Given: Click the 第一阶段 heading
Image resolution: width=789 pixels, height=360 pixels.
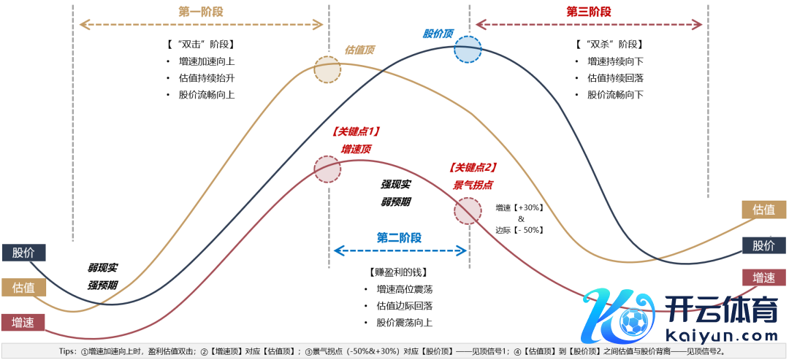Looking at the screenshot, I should coord(201,12).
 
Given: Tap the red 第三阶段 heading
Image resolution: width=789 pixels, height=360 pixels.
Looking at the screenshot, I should coord(589,12).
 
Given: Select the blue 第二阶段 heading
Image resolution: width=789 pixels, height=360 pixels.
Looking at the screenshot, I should coord(399,238).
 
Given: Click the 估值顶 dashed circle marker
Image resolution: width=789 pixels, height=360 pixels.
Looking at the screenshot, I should coord(328,69).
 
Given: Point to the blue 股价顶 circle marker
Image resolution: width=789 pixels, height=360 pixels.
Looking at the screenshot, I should coord(468,50).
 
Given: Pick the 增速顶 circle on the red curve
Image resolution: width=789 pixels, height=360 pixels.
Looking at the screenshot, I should coord(327,169).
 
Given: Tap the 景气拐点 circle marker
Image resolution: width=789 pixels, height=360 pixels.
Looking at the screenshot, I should coord(468,212).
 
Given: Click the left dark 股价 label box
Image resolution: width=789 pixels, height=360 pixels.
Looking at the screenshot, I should coord(23,253).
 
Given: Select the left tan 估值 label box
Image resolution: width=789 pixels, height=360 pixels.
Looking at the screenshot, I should coord(23,288).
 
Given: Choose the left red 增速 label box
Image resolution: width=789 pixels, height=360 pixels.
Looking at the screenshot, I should coord(23,321).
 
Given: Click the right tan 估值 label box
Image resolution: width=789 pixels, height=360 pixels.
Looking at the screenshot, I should coord(763,210).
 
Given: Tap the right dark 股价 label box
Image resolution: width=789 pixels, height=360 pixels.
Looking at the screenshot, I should coord(763,245).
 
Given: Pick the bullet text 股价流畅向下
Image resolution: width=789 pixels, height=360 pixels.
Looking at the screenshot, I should coord(615,95).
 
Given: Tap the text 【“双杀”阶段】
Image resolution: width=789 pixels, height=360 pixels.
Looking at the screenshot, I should coord(609,45).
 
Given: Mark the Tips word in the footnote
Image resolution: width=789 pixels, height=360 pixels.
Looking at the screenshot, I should coord(67,351).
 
